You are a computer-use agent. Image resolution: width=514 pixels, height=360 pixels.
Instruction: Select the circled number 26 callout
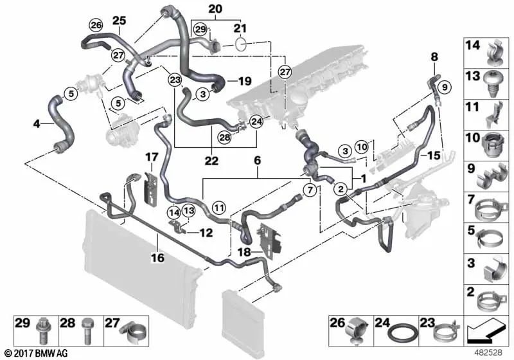[96, 26]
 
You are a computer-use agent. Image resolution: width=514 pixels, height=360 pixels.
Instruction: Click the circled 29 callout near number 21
[200, 30]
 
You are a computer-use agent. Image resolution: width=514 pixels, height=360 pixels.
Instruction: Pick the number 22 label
[213, 159]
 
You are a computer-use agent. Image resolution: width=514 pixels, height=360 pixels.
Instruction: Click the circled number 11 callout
[219, 207]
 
